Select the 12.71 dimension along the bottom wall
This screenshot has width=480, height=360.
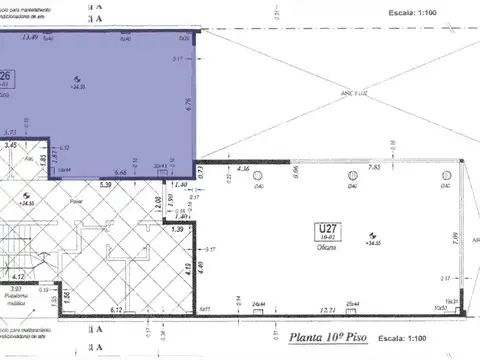326,311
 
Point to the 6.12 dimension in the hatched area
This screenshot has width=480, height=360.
116,311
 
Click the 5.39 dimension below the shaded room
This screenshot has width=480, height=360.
105,184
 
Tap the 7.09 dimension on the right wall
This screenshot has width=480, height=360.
455,237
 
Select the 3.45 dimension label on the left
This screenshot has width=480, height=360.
11,146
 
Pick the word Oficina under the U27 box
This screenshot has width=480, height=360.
324,248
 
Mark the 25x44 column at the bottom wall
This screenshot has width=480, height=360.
352,303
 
